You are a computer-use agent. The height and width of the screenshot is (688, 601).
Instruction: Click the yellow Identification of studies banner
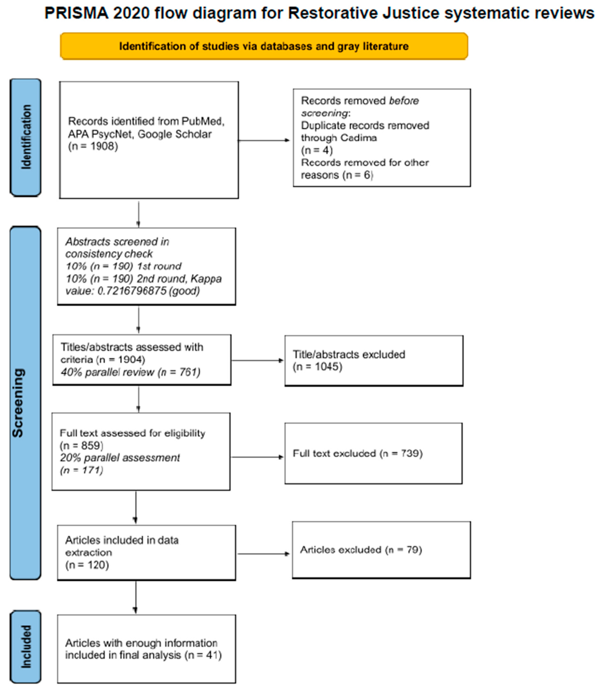coord(264,46)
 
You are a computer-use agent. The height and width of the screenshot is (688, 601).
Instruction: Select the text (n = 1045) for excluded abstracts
coord(318,367)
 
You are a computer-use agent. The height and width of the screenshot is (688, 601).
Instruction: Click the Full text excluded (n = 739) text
coord(358,453)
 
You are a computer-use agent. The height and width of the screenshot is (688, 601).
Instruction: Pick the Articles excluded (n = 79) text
coord(361,550)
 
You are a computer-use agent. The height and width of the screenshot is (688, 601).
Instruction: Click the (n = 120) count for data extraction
coord(87,565)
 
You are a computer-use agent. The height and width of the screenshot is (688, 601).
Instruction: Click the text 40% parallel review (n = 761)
coord(131,372)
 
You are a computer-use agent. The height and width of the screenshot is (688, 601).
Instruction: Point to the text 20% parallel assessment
coord(120,458)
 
